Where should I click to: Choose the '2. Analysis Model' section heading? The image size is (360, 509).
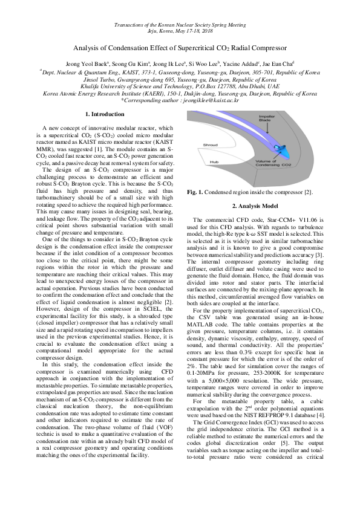coord(254,207)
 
